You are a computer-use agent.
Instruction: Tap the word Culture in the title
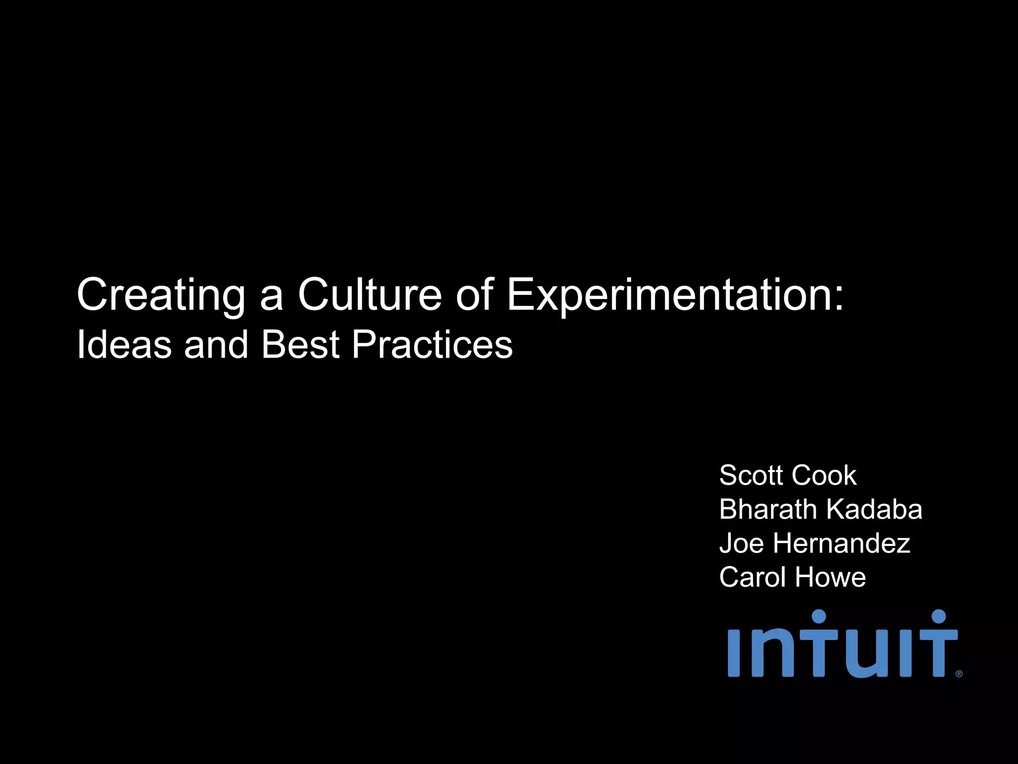pos(370,294)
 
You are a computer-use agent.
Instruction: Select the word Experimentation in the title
pos(669,295)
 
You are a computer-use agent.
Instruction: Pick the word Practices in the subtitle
pos(432,344)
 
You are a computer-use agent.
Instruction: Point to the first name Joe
pos(741,543)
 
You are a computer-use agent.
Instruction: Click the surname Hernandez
pos(842,543)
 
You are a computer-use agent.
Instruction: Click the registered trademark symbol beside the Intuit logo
pos(959,674)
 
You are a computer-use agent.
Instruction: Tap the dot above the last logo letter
pos(938,617)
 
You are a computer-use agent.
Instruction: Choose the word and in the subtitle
pos(216,344)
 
